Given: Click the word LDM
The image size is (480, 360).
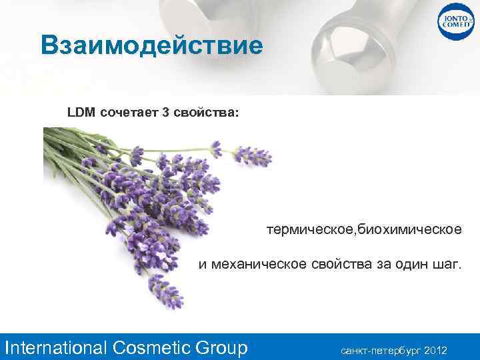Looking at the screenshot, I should point(81,111).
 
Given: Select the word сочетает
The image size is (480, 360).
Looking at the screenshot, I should point(129,111).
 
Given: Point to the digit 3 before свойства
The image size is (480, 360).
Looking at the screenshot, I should point(165,111).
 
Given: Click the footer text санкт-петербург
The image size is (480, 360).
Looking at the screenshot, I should point(381,349).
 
